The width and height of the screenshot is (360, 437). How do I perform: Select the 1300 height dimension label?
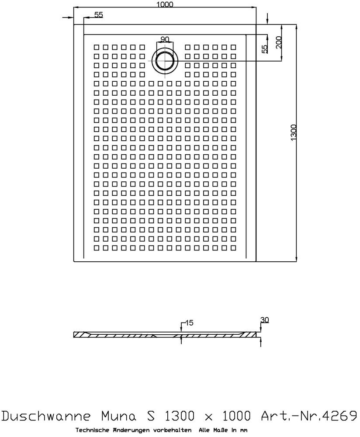point(293,132)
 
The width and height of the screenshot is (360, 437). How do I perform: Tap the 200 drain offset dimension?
point(279,42)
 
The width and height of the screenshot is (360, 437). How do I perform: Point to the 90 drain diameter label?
point(165,39)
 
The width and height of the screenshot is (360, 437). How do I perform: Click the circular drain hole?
point(165,60)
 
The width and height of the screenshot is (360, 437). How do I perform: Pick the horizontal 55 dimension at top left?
point(98,15)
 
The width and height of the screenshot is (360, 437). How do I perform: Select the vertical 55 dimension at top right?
point(264,49)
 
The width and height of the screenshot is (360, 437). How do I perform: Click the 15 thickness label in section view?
point(189,323)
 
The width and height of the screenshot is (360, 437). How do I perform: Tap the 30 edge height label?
point(264,320)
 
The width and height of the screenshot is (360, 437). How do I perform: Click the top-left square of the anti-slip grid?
point(96,47)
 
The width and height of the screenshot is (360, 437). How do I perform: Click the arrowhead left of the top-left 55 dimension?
point(70,17)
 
